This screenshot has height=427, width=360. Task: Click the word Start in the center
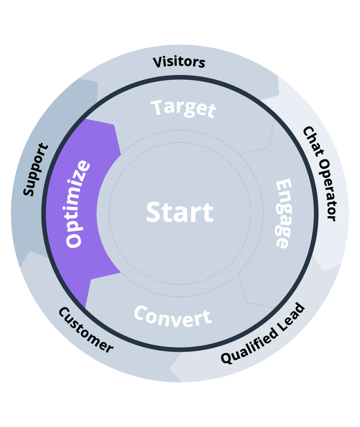click(180, 212)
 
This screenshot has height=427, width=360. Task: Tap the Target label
click(183, 108)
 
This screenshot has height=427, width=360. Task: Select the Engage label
click(283, 213)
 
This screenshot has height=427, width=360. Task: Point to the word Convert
click(173, 317)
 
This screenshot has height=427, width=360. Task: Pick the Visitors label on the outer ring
click(179, 62)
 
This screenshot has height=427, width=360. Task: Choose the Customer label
click(85, 330)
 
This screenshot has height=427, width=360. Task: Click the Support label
click(35, 170)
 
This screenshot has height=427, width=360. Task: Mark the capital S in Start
click(154, 212)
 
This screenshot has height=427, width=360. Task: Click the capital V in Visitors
click(158, 62)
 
